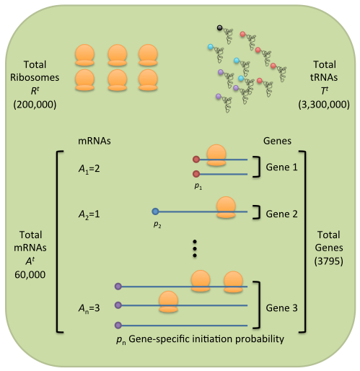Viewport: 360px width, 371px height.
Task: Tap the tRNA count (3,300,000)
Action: (324, 105)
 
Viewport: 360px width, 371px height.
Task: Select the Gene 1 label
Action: (281, 167)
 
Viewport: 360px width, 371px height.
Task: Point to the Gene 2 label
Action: (281, 214)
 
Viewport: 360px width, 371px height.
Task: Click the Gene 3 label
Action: (281, 308)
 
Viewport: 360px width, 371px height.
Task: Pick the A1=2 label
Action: (89, 169)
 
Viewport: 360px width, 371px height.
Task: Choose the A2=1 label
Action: (89, 214)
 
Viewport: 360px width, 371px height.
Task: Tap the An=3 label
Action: (89, 308)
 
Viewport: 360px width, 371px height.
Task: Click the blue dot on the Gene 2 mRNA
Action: (155, 211)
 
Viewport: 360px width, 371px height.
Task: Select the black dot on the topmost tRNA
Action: (219, 27)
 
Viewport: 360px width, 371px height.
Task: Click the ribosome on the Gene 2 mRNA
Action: (226, 207)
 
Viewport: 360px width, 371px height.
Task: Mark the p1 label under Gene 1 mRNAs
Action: (198, 186)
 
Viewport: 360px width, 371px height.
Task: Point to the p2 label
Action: (157, 224)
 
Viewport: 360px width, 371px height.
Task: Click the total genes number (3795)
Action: (328, 261)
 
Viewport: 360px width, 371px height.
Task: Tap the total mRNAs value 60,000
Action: (30, 274)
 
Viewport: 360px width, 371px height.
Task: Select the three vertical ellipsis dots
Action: (195, 248)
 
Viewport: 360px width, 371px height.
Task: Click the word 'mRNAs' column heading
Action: (95, 141)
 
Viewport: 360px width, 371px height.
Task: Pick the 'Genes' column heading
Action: (277, 141)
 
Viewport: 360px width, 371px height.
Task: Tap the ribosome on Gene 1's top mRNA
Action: (216, 155)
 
